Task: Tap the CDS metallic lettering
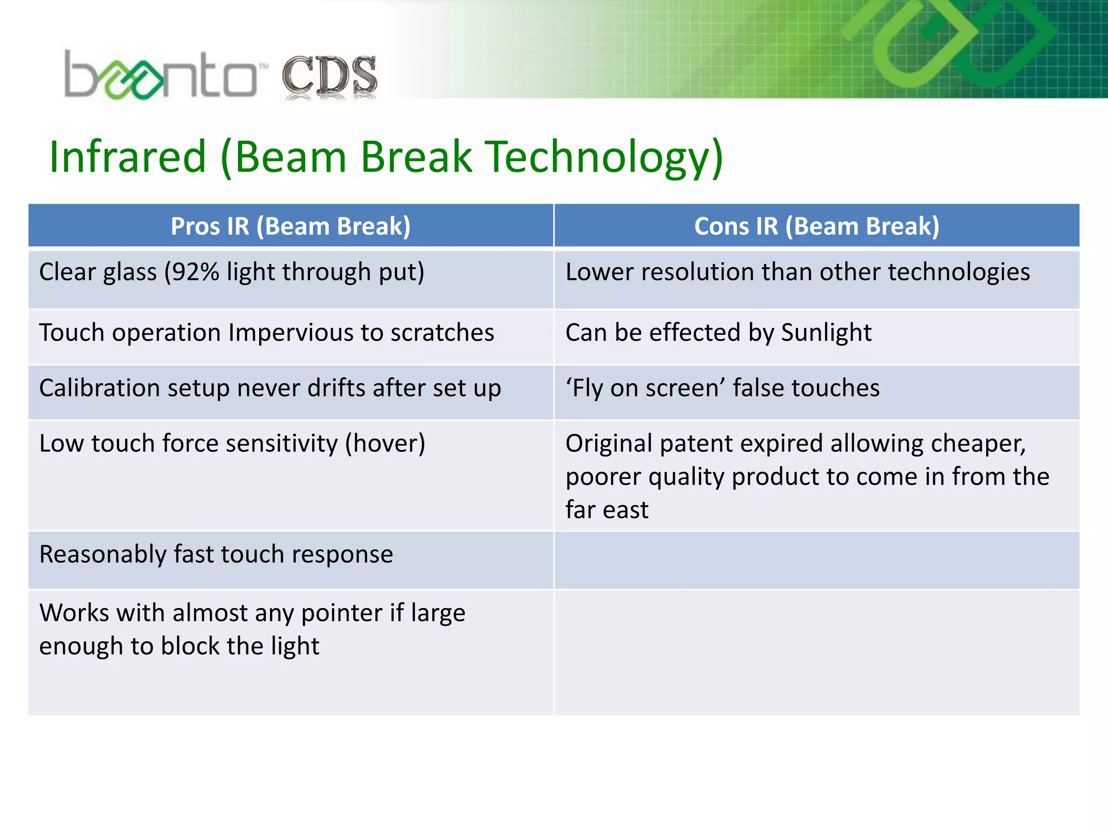(329, 77)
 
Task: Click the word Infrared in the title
(128, 157)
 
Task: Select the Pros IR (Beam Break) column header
(291, 226)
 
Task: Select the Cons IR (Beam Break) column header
(816, 226)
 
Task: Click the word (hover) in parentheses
(385, 444)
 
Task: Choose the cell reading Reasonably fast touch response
(216, 555)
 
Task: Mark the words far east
(606, 510)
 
